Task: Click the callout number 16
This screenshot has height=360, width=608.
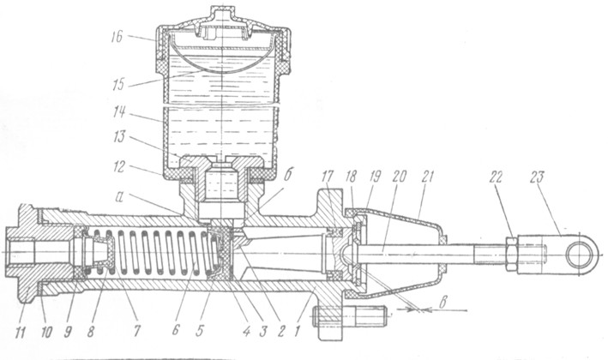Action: click(x=117, y=37)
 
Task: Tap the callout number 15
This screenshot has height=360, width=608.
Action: click(x=117, y=85)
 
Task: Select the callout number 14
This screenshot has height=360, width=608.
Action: click(x=119, y=113)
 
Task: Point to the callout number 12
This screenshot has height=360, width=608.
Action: click(x=119, y=166)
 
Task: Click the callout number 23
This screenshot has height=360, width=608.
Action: click(x=537, y=177)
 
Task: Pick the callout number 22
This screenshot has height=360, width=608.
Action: click(x=496, y=177)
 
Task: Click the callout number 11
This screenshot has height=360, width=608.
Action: click(x=21, y=332)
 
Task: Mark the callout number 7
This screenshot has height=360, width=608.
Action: click(x=136, y=332)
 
